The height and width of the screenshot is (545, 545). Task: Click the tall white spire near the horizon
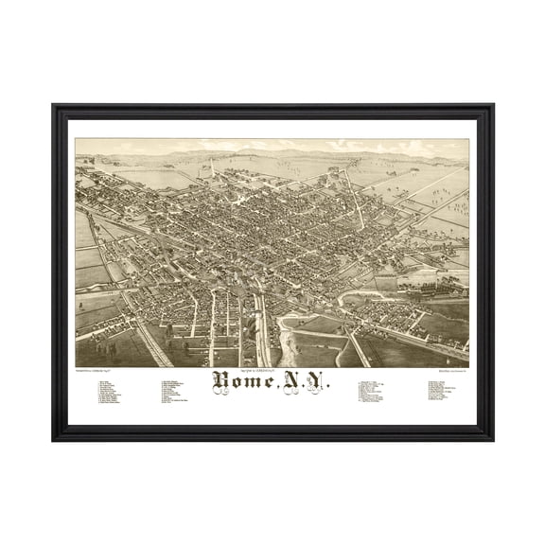[212, 167]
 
